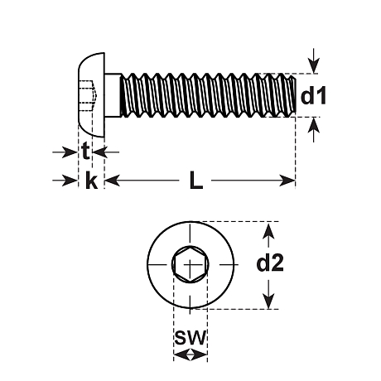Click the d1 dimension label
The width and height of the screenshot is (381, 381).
tap(313, 96)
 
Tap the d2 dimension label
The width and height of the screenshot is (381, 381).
tap(270, 263)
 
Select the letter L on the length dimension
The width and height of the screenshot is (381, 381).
tap(196, 180)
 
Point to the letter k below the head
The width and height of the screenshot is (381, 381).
tap(91, 180)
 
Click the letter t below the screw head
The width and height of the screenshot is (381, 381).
tap(85, 152)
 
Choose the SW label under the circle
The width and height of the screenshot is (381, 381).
tap(190, 337)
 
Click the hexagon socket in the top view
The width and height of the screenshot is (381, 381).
tap(190, 264)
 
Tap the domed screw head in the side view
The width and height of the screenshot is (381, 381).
tap(92, 95)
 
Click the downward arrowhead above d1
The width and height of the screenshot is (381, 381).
tap(314, 65)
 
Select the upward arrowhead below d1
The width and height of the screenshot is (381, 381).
tap(314, 125)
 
